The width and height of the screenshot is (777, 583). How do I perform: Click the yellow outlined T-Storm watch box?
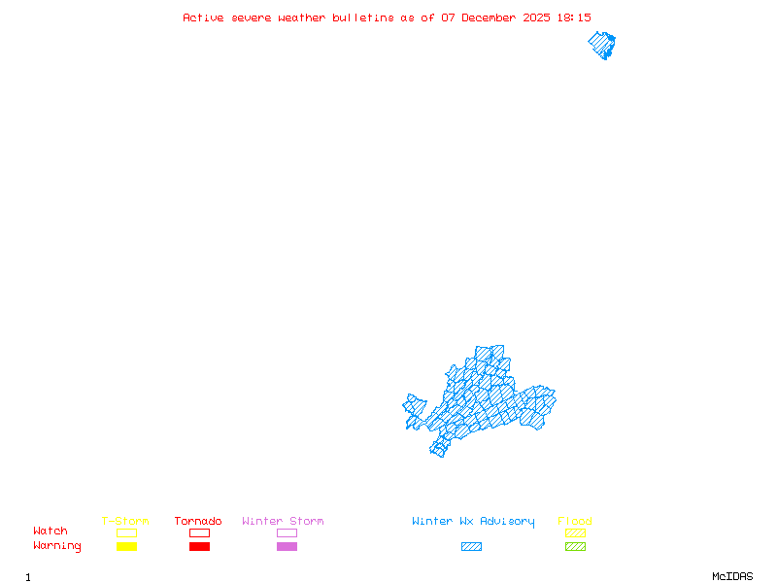pyautogui.click(x=126, y=532)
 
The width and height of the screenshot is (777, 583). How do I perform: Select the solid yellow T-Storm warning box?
pyautogui.click(x=126, y=546)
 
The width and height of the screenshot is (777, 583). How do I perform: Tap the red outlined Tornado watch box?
pyautogui.click(x=199, y=532)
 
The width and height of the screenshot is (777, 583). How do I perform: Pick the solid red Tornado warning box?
pyautogui.click(x=199, y=546)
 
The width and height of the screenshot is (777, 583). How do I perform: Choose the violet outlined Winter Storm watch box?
pyautogui.click(x=287, y=532)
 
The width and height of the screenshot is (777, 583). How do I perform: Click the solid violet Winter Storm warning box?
pyautogui.click(x=287, y=546)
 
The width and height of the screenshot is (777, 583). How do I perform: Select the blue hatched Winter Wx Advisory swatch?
pyautogui.click(x=471, y=546)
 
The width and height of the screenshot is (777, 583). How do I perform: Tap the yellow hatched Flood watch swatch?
pyautogui.click(x=575, y=532)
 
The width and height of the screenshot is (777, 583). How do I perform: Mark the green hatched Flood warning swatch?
pyautogui.click(x=575, y=546)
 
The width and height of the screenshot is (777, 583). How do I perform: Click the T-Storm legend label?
pyautogui.click(x=125, y=521)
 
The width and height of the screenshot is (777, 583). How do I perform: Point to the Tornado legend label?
pyautogui.click(x=198, y=521)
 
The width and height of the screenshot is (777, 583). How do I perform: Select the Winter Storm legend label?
pyautogui.click(x=283, y=521)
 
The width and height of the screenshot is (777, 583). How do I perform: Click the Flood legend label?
pyautogui.click(x=574, y=521)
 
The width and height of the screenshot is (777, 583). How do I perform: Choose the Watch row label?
pyautogui.click(x=51, y=532)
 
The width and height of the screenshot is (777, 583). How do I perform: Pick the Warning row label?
pyautogui.click(x=57, y=546)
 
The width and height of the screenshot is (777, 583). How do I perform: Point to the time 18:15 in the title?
pyautogui.click(x=573, y=17)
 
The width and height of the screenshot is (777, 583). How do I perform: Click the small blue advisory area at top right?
pyautogui.click(x=602, y=45)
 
